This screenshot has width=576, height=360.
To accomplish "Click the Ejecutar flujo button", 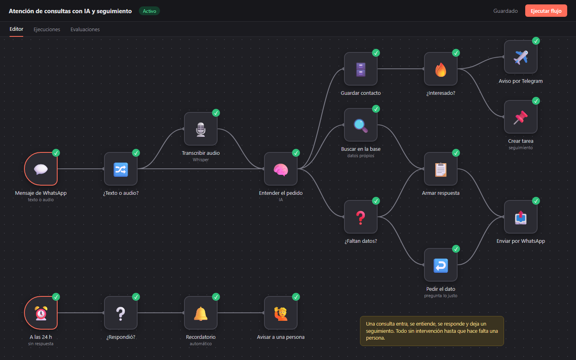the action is coord(546,11).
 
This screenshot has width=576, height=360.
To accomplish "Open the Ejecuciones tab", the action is coord(47,29).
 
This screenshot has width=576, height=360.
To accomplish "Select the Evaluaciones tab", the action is coord(85,29).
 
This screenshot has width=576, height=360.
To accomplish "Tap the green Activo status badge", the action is coord(150,11).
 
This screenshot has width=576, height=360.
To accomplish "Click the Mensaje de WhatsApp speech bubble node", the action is coord(41,169).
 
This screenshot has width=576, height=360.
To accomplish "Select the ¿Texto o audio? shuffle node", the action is coord(121,169).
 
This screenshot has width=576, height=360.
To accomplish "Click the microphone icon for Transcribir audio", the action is coord(201,129).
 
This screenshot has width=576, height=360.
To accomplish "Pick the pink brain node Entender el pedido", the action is coord(281,169).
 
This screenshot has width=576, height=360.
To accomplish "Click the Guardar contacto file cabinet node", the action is coord(361,69).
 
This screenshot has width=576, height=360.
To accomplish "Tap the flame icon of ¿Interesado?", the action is coord(441,70).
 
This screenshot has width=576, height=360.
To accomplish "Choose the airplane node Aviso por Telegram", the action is coord(521,57).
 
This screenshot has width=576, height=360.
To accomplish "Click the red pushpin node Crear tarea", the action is coord(521,117).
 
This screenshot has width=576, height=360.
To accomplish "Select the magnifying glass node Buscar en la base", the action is coord(361,125).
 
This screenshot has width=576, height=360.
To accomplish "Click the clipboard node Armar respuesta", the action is coord(441,169).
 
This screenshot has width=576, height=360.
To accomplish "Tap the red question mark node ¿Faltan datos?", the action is coord(361,217).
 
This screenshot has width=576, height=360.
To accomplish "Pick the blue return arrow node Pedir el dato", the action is coord(441,265).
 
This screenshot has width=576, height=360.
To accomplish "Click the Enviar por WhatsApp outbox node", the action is coord(521,217).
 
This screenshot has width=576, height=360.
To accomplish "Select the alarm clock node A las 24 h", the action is coord(41,313).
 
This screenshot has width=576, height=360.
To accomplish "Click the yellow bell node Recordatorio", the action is coord(201,313).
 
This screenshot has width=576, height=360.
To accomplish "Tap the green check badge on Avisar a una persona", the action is coord(296,297).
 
